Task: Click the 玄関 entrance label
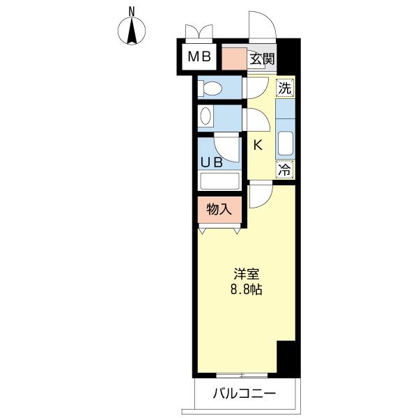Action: tap(261, 59)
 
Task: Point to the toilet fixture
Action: tap(209, 88)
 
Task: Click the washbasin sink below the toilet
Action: tap(206, 116)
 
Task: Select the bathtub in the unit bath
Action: tap(219, 180)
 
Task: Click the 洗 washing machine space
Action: tap(284, 88)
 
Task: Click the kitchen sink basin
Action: tap(285, 143)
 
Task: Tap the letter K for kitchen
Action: tap(256, 146)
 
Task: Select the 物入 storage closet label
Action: tap(219, 208)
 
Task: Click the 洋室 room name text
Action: tap(245, 274)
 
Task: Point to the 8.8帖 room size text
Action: tap(245, 290)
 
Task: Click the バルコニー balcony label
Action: tap(244, 394)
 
